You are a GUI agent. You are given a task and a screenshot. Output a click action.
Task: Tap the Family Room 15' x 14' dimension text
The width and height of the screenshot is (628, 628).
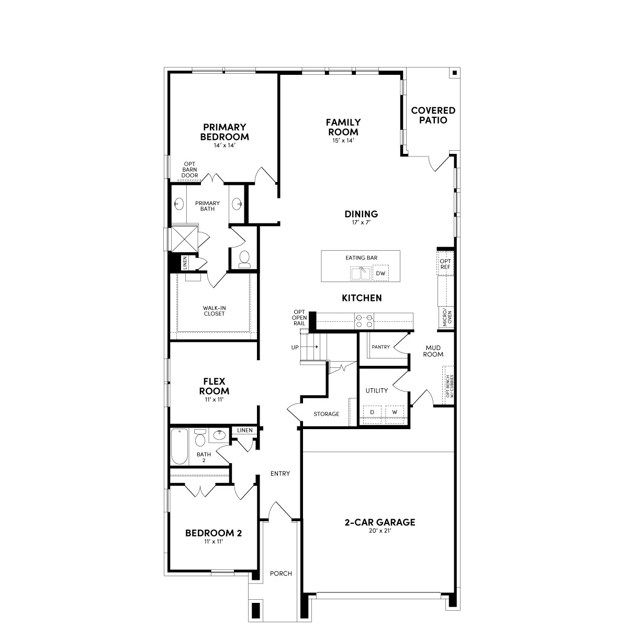coord(343,140)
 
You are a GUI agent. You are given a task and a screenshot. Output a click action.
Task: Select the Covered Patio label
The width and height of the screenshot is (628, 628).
coord(433,115)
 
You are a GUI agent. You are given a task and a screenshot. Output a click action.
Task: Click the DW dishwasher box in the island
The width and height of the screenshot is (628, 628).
coord(380,273)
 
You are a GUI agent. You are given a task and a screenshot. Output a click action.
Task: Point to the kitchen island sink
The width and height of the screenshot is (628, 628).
coord(361,273)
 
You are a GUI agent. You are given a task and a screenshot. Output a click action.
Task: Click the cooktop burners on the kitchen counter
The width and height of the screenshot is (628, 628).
coord(364,320)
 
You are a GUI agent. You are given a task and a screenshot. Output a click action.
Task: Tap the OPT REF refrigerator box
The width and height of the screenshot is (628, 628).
coord(445,264)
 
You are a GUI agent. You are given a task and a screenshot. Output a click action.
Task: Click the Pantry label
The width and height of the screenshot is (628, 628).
coord(380,347)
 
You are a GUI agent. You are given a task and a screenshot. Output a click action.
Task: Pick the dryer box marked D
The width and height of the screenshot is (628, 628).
coord(372,412)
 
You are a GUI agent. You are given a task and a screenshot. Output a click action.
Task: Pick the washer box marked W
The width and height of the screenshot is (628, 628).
coord(395,412)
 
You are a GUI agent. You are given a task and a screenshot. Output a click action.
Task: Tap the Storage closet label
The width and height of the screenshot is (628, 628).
coord(326,414)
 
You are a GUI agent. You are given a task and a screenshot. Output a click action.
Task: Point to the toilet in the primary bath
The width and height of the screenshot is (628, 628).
coord(244,260)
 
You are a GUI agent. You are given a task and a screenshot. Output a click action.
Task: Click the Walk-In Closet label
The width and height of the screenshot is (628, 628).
coord(214,311)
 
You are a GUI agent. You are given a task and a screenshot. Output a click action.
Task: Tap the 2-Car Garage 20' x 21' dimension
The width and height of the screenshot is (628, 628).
coord(379,531)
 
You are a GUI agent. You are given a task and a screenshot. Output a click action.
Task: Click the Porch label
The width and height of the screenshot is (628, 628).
coord(281,573)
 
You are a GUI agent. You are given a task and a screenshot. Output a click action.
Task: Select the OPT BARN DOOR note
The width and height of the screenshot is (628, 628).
coord(189,170)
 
